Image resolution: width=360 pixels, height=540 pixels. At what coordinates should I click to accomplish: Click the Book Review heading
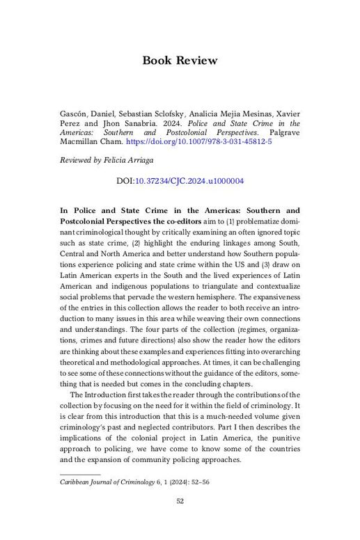(180, 60)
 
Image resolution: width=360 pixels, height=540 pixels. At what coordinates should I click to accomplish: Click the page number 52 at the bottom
(180, 502)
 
